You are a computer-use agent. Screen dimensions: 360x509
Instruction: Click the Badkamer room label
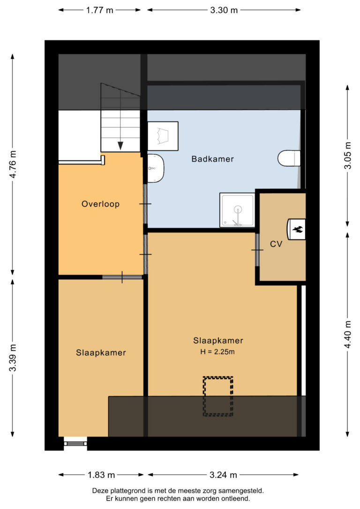tap(212, 159)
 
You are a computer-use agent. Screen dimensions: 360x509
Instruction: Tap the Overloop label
tap(100, 204)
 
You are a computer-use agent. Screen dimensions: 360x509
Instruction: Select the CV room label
tap(276, 244)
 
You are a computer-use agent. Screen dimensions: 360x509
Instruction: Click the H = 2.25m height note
tap(217, 352)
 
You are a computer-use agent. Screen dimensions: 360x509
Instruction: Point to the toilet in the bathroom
tap(289, 158)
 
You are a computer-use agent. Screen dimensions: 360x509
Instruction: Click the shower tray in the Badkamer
tap(237, 210)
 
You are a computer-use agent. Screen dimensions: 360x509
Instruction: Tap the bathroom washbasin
tap(156, 168)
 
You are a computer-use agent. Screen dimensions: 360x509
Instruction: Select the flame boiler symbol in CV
tap(296, 229)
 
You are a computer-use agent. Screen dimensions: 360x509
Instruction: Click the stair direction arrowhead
tap(120, 146)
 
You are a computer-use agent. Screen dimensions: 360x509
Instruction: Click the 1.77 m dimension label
tap(100, 10)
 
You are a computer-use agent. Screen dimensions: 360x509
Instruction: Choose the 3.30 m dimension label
tap(224, 10)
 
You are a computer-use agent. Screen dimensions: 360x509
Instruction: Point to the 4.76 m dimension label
tap(13, 164)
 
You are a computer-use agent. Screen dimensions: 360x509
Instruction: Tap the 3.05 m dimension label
tap(348, 156)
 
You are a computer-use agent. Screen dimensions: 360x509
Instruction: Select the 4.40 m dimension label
tap(348, 334)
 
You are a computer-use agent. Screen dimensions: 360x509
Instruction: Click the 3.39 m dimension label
tap(13, 358)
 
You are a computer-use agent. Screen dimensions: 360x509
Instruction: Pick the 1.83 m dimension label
tap(101, 475)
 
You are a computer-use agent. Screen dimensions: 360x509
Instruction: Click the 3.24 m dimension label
tap(223, 475)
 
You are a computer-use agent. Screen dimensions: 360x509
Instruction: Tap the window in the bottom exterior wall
tap(75, 443)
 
